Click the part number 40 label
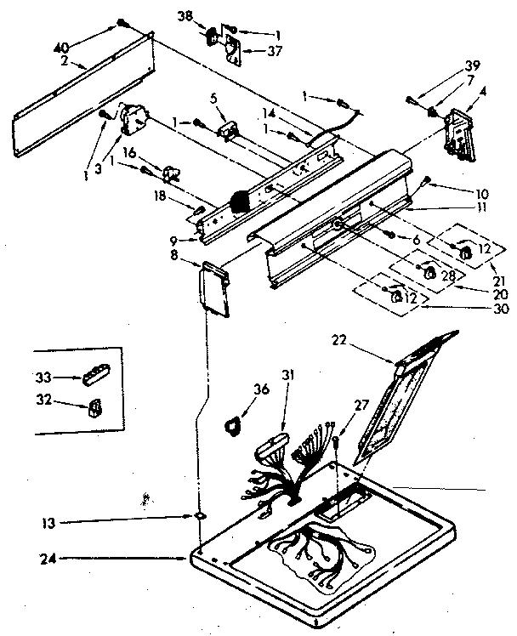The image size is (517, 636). pos(61,46)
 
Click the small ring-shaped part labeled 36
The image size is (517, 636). pos(232,423)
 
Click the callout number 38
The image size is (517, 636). pos(185,16)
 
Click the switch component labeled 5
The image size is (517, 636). pos(227,130)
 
